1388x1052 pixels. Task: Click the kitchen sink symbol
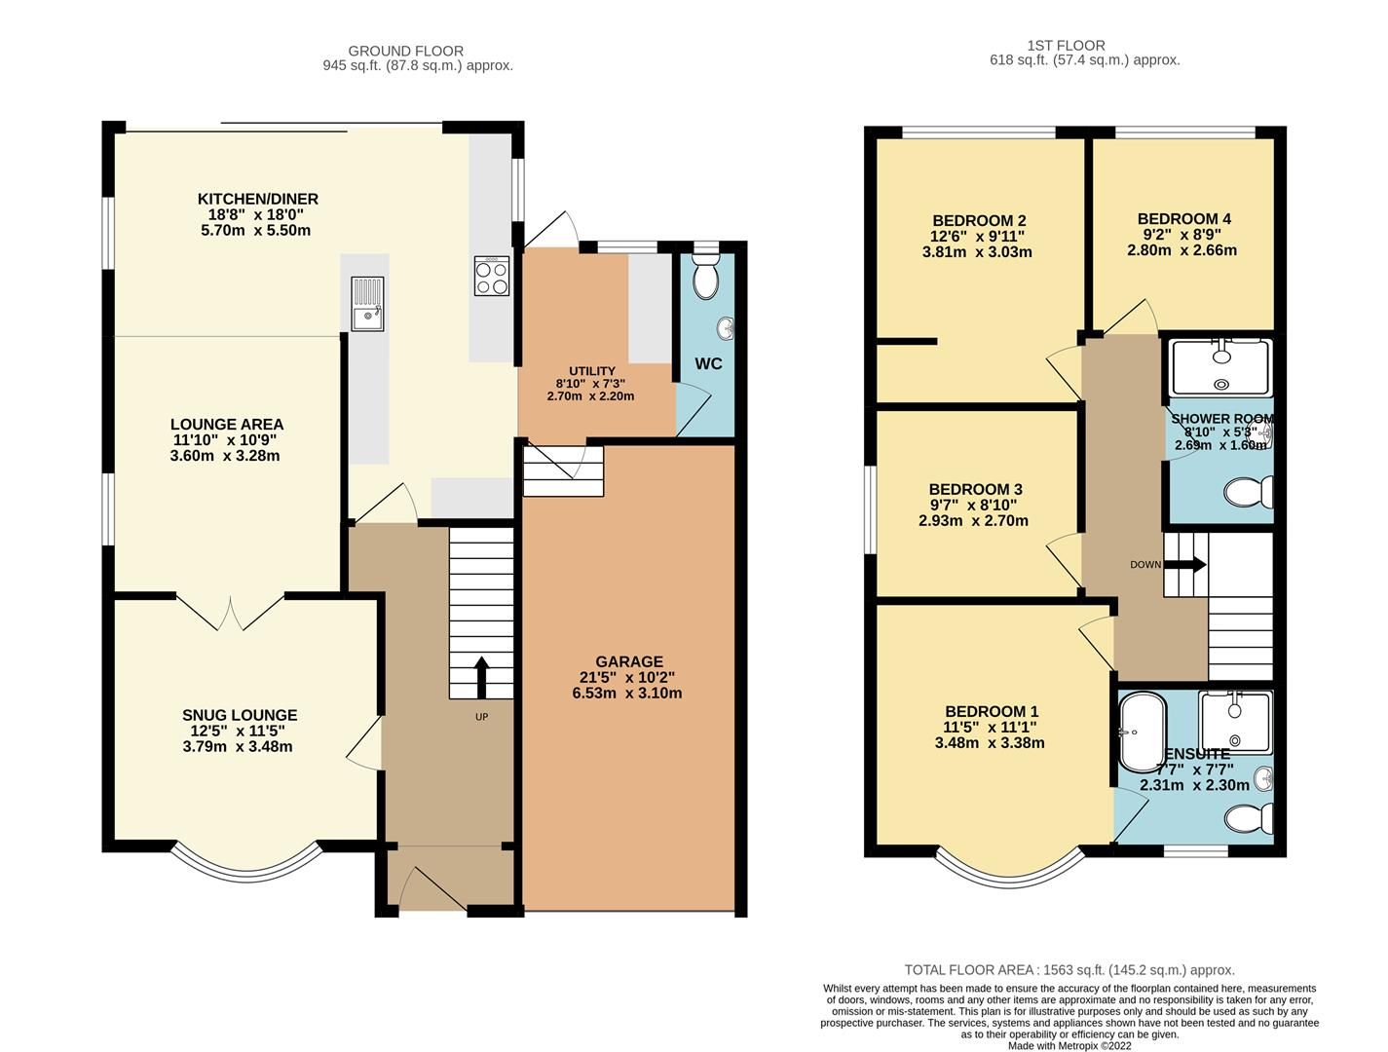(368, 303)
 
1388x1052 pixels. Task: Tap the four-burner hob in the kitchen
(492, 275)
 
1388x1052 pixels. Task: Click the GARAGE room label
(629, 661)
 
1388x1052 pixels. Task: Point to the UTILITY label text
(592, 371)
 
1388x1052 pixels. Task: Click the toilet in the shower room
(1249, 492)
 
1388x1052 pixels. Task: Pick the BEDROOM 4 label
(1184, 219)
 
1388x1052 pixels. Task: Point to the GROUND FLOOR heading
(405, 51)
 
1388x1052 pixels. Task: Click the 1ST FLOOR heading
(1066, 45)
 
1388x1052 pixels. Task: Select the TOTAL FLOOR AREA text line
(1069, 970)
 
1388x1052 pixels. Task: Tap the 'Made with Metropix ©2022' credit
(1069, 1046)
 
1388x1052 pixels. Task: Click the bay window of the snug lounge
(246, 863)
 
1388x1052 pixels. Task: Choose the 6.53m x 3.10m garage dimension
(627, 694)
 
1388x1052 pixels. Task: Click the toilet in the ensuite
(1249, 817)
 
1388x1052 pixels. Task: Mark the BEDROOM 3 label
(975, 489)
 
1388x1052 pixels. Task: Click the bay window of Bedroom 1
(1010, 865)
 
